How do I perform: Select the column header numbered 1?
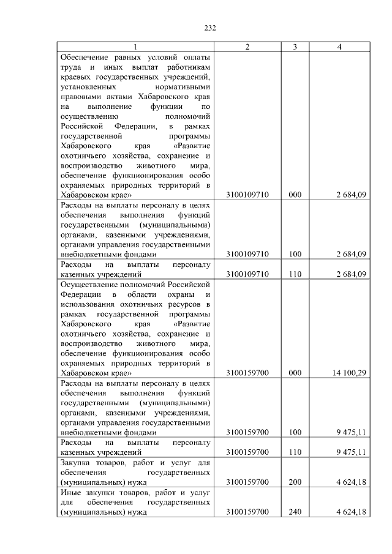pos(135,47)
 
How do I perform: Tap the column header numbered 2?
pos(247,47)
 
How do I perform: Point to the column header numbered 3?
pos(295,47)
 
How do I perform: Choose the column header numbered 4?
pos(339,47)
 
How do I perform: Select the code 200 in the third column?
pos(295,482)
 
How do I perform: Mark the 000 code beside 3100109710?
pos(295,195)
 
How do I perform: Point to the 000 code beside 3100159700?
pos(295,372)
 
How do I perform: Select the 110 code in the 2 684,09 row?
pos(295,274)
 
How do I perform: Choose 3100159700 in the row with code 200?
pos(247,482)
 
